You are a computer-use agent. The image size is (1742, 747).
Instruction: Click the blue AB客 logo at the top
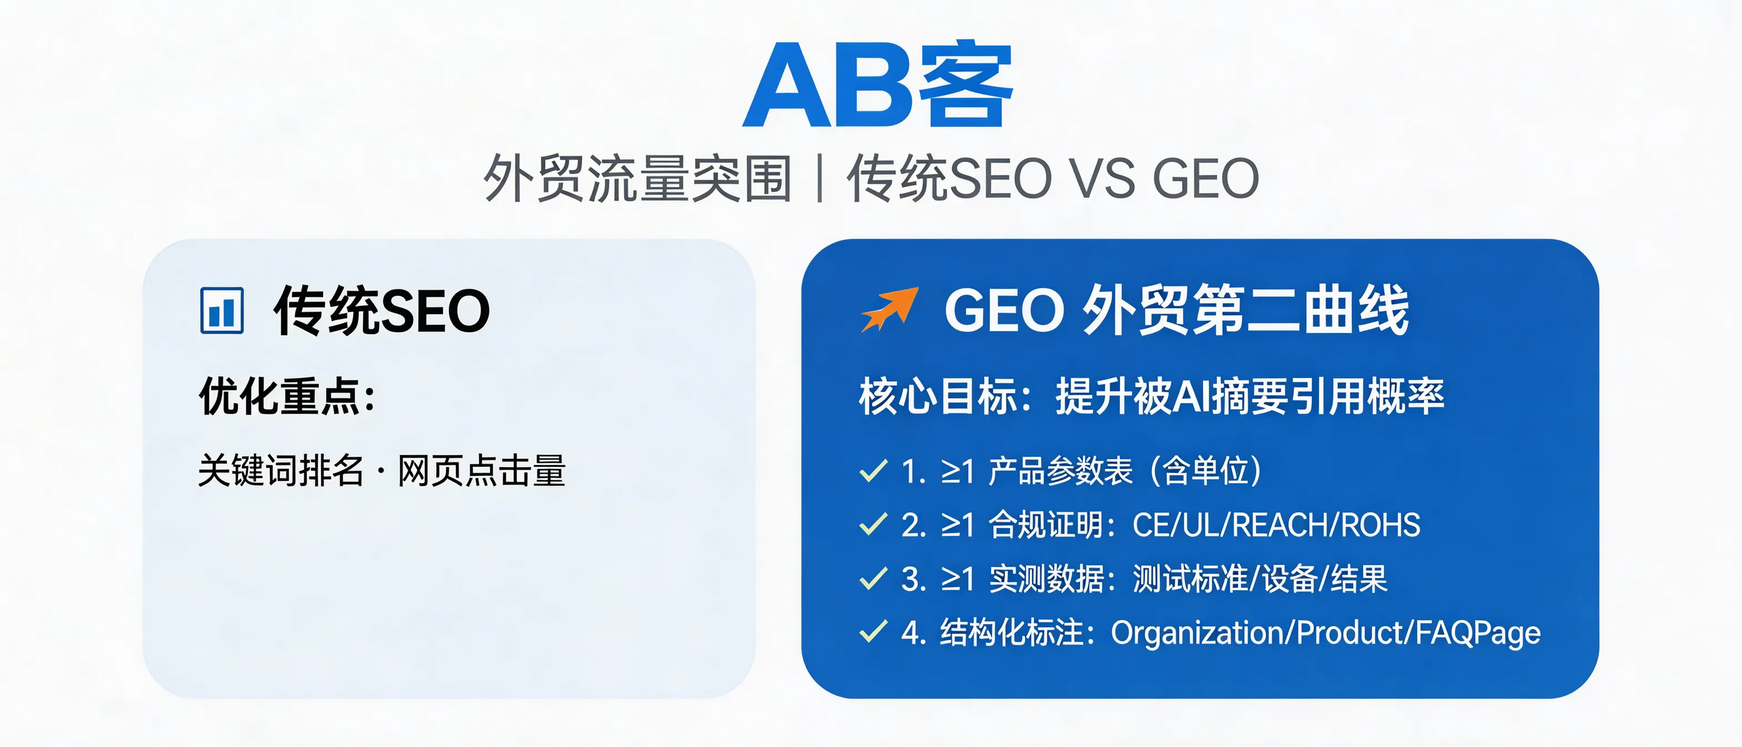(x=877, y=85)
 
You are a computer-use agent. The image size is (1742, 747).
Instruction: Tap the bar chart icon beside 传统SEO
(x=222, y=311)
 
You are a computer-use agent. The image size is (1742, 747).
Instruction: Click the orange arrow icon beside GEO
(x=889, y=309)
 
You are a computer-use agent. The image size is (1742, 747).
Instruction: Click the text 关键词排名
(x=281, y=470)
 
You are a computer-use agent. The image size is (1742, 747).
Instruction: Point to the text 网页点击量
(x=481, y=470)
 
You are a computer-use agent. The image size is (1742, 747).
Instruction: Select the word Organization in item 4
(x=1198, y=633)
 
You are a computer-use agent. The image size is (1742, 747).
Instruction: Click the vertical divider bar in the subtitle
(x=819, y=178)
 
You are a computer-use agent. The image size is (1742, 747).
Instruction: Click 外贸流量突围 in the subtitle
(x=637, y=178)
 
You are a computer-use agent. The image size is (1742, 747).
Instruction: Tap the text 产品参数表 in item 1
(x=1060, y=470)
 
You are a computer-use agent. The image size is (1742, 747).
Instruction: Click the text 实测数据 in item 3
(x=1046, y=579)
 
